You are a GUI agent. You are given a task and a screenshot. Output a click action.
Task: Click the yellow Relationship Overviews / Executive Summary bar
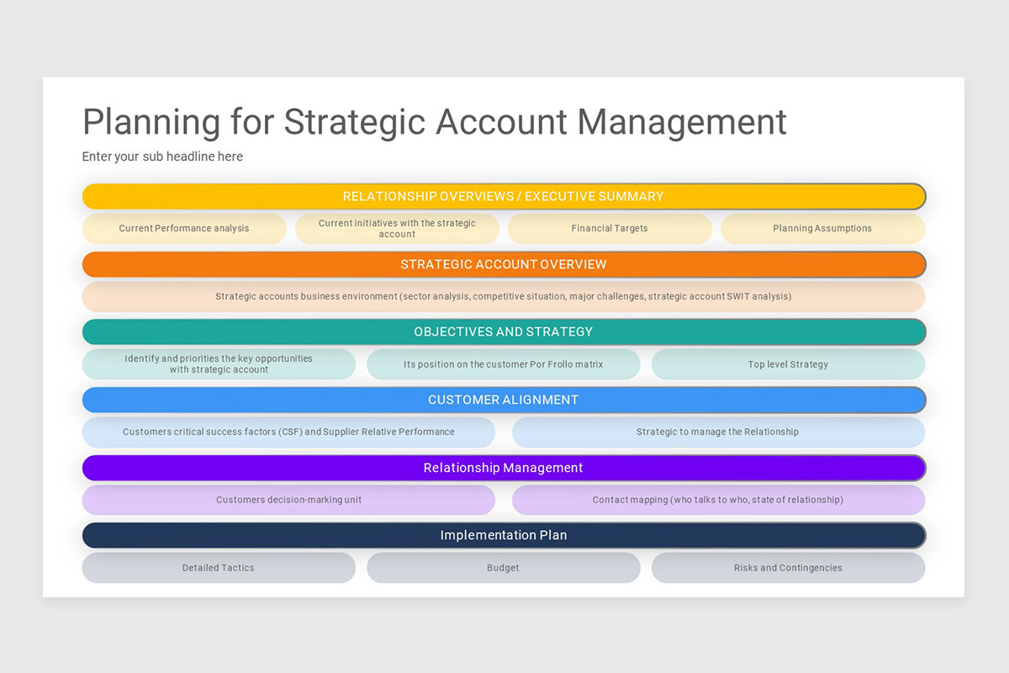coord(504,197)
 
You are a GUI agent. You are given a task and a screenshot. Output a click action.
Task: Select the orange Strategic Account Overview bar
coord(504,264)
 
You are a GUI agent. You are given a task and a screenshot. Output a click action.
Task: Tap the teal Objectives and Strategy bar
coord(504,332)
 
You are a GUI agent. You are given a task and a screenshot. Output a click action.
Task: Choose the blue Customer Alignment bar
coord(504,400)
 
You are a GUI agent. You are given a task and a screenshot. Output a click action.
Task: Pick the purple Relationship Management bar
coord(504,468)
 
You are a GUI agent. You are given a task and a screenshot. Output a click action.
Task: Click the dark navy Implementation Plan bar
coord(504,536)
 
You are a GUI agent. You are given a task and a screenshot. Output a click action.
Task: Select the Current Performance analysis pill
coord(184,229)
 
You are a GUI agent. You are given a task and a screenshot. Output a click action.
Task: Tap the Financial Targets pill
coord(610,229)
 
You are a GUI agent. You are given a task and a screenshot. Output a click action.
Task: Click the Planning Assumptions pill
coord(822,229)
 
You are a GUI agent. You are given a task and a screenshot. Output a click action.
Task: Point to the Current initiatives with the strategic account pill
coord(397,229)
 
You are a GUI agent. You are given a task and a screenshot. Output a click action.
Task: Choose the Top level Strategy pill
coord(788,364)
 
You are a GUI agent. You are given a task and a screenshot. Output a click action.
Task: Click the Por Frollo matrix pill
coord(503,364)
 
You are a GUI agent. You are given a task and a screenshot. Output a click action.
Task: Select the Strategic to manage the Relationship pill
coord(717,432)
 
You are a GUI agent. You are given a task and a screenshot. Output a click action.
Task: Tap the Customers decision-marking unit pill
coord(288,500)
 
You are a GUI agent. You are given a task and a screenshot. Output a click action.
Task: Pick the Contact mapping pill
coord(717,500)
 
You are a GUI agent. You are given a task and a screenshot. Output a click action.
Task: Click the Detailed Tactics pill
coord(219,568)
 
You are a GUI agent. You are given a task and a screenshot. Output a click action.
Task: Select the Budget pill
coord(503,568)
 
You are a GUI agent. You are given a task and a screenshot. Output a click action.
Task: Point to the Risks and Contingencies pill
coord(788,568)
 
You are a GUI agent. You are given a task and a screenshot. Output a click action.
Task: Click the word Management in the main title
coord(682,122)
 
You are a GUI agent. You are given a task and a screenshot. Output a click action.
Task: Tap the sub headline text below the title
coord(162,156)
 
